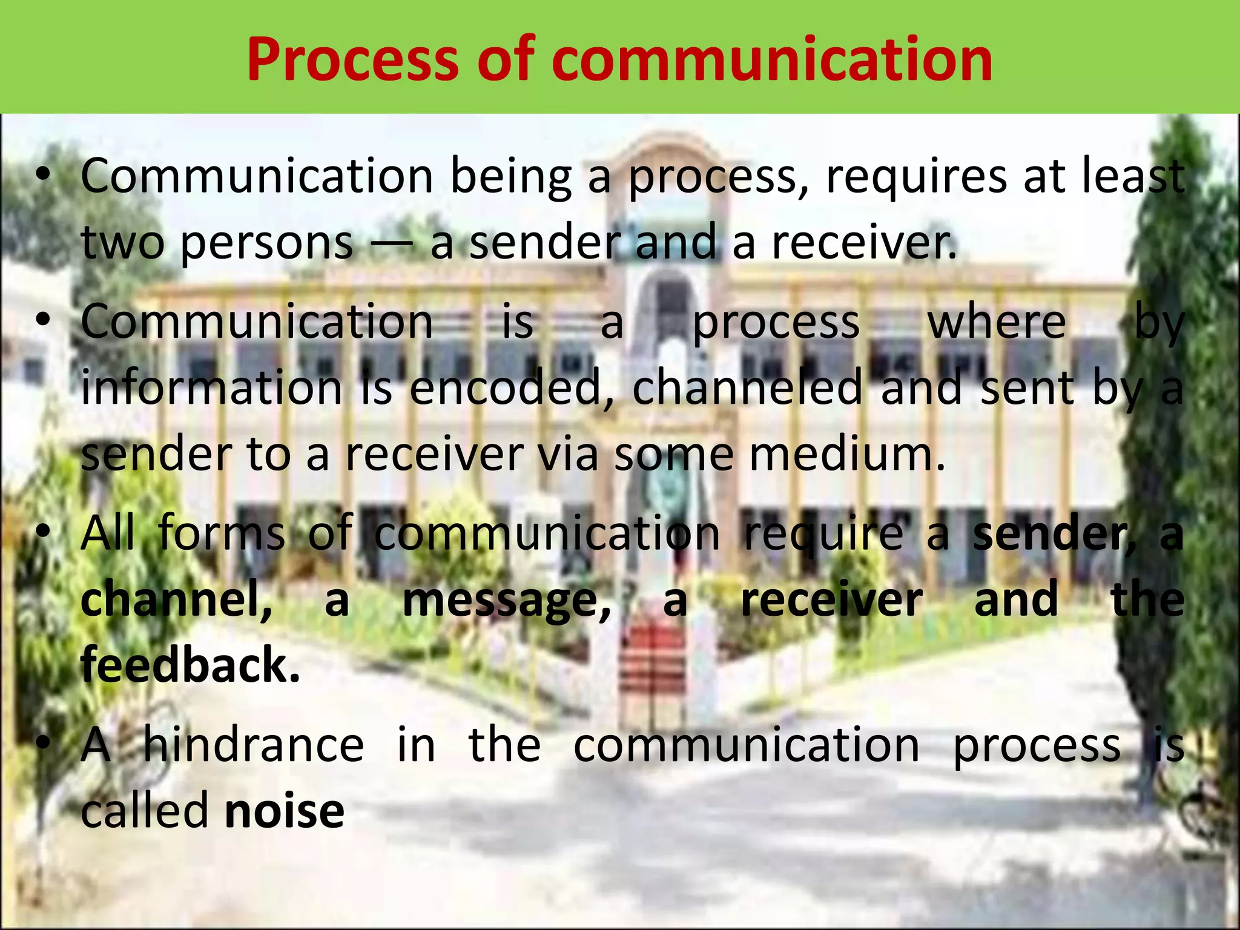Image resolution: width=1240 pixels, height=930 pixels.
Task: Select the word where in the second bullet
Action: pyautogui.click(x=997, y=322)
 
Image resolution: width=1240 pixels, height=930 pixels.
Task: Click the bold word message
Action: pyautogui.click(x=507, y=599)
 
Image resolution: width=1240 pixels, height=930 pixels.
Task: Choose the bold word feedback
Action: pyautogui.click(x=190, y=665)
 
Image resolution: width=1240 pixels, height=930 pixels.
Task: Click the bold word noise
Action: pyautogui.click(x=284, y=811)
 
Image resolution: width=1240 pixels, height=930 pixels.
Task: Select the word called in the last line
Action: pyautogui.click(x=145, y=811)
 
